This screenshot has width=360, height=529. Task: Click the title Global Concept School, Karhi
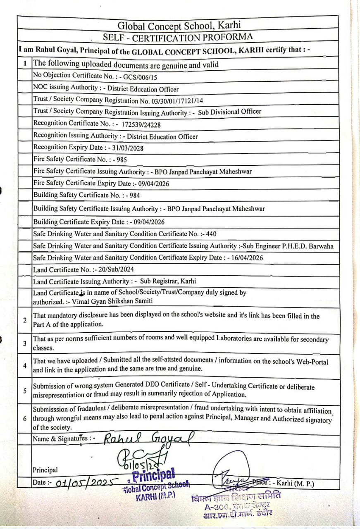click(x=179, y=26)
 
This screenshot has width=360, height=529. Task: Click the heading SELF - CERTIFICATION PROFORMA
click(x=178, y=37)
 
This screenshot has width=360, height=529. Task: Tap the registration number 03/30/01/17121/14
click(x=171, y=100)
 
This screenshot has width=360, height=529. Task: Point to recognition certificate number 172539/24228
click(x=141, y=124)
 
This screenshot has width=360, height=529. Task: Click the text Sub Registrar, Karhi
click(x=168, y=281)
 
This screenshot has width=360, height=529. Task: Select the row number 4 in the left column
click(x=25, y=366)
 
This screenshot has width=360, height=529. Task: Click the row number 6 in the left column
click(x=25, y=418)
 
